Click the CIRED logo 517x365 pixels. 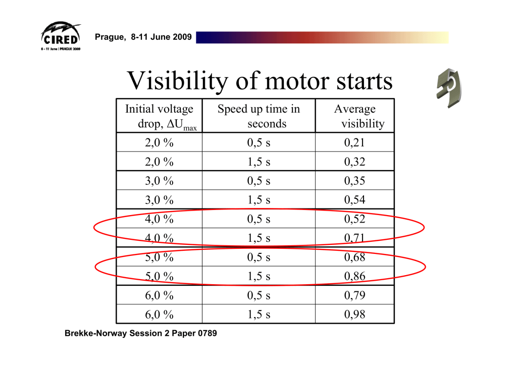point(60,36)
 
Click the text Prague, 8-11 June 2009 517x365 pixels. point(143,37)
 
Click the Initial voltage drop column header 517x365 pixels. point(159,117)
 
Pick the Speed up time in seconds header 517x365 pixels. point(259,116)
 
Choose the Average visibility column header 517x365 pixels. point(355,116)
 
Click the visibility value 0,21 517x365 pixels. point(354,143)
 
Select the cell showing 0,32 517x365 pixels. point(354,162)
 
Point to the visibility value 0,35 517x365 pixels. point(354,181)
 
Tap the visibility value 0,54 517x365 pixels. point(354,200)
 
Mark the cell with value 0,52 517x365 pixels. point(354,220)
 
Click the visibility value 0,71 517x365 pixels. point(354,238)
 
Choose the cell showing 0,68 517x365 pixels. point(354,257)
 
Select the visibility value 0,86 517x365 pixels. point(354,277)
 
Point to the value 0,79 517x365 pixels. point(354,295)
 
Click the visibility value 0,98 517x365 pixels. point(354,315)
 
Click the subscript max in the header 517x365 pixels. point(190,128)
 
